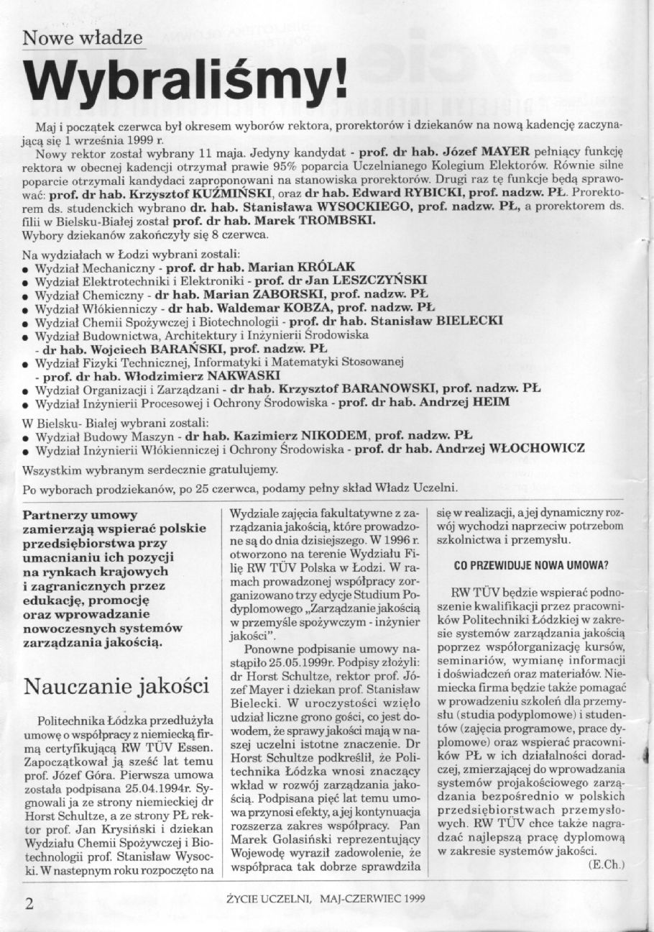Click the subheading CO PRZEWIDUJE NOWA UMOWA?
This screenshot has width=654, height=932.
531,565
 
